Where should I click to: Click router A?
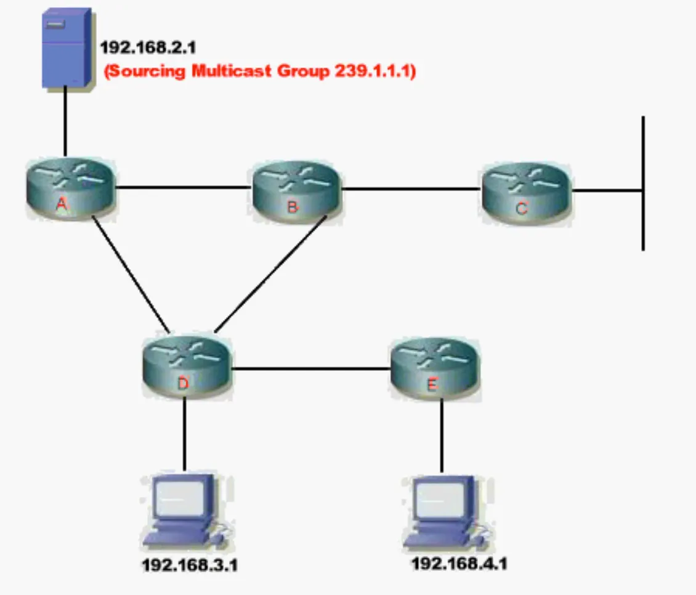click(70, 188)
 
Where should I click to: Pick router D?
click(184, 367)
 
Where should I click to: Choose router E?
click(434, 368)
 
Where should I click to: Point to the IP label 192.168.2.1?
click(148, 47)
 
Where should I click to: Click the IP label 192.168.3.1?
click(190, 565)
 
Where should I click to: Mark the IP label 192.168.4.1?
click(459, 563)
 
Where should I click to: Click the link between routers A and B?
click(184, 187)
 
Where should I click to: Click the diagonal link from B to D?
click(270, 275)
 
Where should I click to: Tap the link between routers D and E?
click(311, 369)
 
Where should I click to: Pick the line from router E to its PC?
click(442, 435)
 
